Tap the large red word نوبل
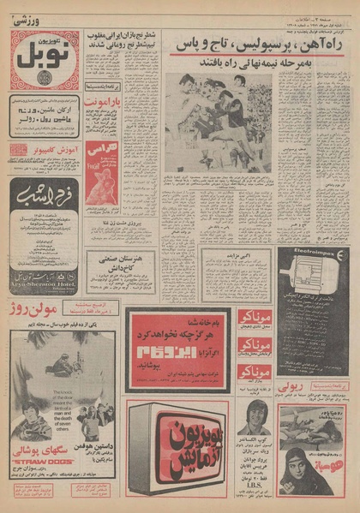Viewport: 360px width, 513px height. pyautogui.click(x=44, y=54)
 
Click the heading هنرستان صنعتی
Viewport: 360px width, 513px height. pyautogui.click(x=119, y=258)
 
